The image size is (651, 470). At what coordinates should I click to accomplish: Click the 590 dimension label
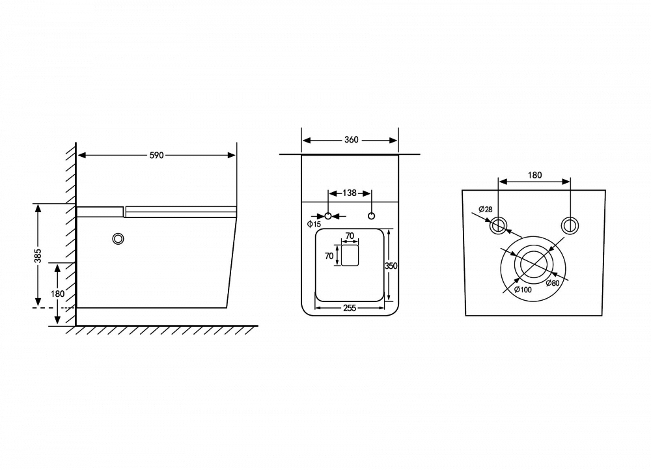click(x=156, y=156)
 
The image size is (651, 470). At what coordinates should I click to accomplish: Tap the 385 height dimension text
click(x=38, y=256)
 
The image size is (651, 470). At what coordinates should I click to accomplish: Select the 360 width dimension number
click(x=352, y=140)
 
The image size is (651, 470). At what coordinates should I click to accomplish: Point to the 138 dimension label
click(x=350, y=193)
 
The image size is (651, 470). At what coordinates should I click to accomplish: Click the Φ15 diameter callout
click(x=314, y=225)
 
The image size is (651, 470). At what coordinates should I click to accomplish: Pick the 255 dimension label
click(x=350, y=308)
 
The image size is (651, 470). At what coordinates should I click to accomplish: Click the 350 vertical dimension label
click(x=391, y=266)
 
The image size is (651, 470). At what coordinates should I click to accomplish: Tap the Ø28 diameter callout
click(x=486, y=209)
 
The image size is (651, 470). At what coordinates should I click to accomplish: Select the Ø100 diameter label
click(x=523, y=290)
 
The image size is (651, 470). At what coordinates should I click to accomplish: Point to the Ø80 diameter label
click(x=553, y=283)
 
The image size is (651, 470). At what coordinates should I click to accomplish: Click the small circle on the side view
click(x=118, y=238)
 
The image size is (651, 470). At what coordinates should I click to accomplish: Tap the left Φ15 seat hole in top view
click(x=328, y=216)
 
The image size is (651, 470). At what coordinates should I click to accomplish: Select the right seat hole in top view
click(x=372, y=216)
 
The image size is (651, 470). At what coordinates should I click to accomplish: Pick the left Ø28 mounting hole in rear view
click(x=498, y=225)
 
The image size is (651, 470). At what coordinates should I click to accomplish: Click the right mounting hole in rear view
click(x=570, y=225)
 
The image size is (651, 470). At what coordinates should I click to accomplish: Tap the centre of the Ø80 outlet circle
click(x=533, y=264)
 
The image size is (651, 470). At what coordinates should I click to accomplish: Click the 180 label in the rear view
click(x=534, y=175)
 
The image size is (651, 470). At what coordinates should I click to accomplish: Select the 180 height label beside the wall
click(x=57, y=294)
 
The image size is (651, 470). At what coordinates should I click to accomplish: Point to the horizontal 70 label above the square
click(x=350, y=236)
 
